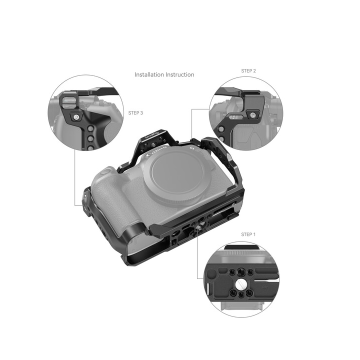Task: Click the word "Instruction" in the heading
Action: point(180,74)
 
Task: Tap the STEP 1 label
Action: point(248,234)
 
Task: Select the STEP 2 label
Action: point(248,71)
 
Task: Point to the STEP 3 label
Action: point(135,113)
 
